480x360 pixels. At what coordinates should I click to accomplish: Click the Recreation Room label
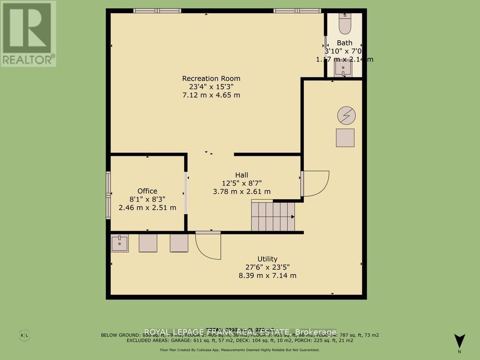(x=211, y=78)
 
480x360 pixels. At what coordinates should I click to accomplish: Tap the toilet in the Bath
(x=345, y=24)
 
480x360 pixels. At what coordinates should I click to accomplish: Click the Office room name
(x=147, y=191)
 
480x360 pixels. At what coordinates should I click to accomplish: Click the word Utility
(x=267, y=259)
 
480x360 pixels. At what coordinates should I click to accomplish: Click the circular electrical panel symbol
(x=346, y=115)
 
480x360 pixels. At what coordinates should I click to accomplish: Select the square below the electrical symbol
(x=345, y=138)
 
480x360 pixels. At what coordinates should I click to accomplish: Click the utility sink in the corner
(x=120, y=243)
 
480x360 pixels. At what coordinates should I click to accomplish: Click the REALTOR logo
(x=28, y=33)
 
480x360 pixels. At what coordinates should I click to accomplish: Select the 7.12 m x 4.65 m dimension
(x=211, y=95)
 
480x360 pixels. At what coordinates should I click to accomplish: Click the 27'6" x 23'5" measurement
(x=267, y=267)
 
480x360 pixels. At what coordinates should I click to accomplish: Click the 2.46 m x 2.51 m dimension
(x=147, y=208)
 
